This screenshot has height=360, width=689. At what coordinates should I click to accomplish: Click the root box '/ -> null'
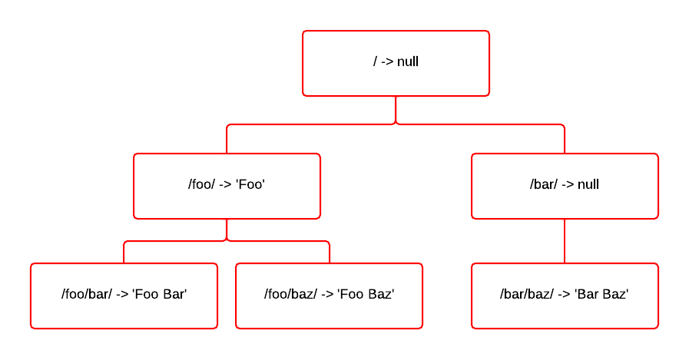(x=396, y=64)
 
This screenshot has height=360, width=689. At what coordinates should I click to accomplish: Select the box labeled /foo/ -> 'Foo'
(x=227, y=186)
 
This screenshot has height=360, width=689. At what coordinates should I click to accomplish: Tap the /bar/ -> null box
(x=565, y=186)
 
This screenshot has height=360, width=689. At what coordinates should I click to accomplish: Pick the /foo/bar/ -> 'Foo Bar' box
(x=124, y=296)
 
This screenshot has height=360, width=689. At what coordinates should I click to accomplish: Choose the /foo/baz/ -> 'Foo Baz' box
(x=329, y=296)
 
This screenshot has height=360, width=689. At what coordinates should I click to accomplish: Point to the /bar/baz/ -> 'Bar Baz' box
(x=565, y=296)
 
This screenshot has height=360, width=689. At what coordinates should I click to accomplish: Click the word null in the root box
(x=408, y=62)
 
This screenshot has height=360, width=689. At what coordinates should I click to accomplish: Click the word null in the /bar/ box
(x=588, y=185)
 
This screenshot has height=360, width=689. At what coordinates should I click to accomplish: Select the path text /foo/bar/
(x=87, y=295)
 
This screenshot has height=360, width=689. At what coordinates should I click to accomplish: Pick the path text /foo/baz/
(x=290, y=295)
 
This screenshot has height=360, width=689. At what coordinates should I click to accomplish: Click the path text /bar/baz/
(x=526, y=295)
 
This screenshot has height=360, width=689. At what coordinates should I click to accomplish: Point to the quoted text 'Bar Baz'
(x=601, y=295)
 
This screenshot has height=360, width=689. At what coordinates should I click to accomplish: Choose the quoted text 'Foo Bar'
(x=161, y=295)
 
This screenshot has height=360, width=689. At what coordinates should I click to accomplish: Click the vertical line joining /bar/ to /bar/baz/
(x=565, y=241)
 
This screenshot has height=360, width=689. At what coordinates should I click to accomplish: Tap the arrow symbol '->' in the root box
(x=387, y=62)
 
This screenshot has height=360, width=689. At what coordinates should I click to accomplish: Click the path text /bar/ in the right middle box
(x=544, y=185)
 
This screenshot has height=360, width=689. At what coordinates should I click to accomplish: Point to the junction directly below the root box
(x=396, y=123)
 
